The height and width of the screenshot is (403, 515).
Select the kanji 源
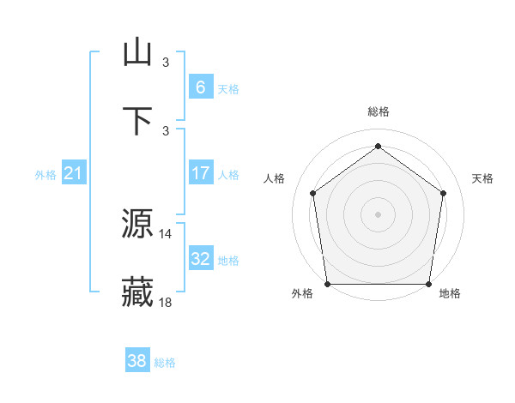click(138, 225)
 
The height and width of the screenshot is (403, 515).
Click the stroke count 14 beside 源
click(166, 233)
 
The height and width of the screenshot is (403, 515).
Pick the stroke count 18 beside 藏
click(166, 302)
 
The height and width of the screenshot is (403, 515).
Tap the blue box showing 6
click(200, 87)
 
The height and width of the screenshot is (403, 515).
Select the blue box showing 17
click(200, 172)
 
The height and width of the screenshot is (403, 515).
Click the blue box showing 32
click(200, 258)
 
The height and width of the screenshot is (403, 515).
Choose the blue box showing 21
click(74, 173)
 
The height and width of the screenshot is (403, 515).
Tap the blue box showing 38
click(136, 361)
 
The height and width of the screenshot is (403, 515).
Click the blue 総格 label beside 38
click(165, 363)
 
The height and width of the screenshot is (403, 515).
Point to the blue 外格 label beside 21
click(45, 175)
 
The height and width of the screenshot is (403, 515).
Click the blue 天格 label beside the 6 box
click(228, 89)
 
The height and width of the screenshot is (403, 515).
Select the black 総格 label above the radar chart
click(378, 112)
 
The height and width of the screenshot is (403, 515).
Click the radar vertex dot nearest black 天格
click(444, 193)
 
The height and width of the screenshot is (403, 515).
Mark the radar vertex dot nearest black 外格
click(327, 284)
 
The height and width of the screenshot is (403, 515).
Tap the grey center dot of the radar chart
click(378, 214)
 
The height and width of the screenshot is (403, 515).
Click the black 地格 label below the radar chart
click(450, 294)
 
